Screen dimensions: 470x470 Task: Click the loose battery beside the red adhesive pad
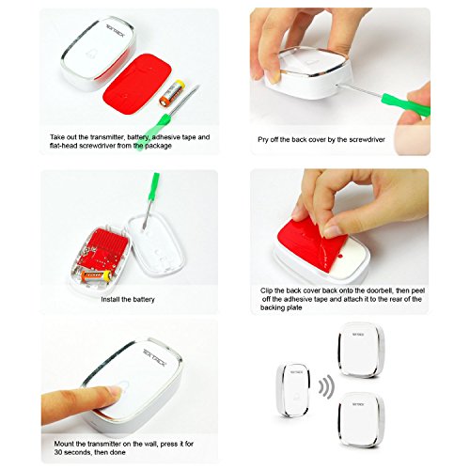171,92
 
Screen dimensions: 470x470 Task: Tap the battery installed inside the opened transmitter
97,275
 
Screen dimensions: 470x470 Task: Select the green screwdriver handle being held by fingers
405,104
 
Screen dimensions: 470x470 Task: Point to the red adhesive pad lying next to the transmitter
138,86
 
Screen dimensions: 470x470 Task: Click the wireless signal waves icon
326,386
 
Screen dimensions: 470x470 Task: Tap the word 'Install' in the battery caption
110,299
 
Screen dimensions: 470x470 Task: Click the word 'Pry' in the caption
263,140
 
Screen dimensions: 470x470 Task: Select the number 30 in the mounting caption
58,452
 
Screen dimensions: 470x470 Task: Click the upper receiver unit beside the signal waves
361,350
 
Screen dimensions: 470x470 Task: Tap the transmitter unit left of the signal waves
293,390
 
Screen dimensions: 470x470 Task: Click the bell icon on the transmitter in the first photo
90,55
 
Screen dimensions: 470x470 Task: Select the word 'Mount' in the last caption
64,444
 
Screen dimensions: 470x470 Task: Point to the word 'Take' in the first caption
56,137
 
